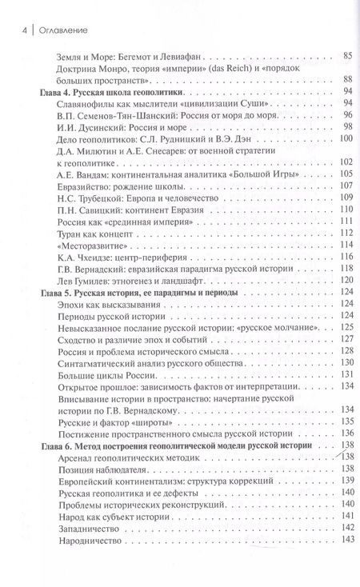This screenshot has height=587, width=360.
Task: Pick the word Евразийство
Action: click(89, 186)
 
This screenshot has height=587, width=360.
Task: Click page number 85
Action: click(346, 55)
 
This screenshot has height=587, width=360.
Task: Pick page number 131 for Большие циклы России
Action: click(344, 374)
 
